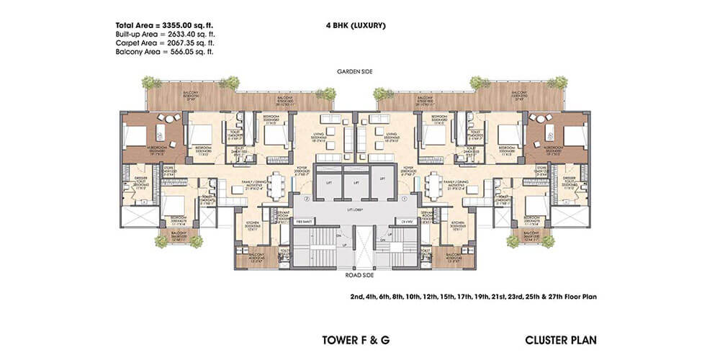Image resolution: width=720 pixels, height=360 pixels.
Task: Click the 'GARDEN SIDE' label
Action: (356, 72)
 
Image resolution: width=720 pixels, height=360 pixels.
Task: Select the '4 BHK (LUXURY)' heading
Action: (356, 26)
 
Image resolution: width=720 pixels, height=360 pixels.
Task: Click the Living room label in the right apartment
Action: (391, 135)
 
